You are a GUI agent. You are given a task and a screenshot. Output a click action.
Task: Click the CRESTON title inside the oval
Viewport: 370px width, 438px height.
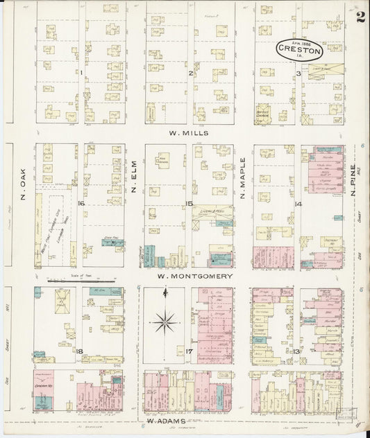click(300, 51)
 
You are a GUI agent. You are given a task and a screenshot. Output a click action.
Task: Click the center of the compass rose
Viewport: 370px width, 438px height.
click(166, 321)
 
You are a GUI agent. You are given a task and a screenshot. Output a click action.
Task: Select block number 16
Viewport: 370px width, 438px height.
click(81, 203)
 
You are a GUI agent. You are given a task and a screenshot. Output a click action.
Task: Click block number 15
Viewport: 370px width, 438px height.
click(189, 203)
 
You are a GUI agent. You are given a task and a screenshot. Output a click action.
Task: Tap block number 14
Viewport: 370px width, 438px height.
click(298, 204)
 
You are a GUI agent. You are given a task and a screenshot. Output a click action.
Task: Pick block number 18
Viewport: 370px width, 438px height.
click(81, 352)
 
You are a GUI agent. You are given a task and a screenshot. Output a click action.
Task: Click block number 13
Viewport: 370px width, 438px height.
click(296, 351)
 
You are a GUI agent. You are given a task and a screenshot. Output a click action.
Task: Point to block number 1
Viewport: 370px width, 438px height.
click(81, 71)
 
